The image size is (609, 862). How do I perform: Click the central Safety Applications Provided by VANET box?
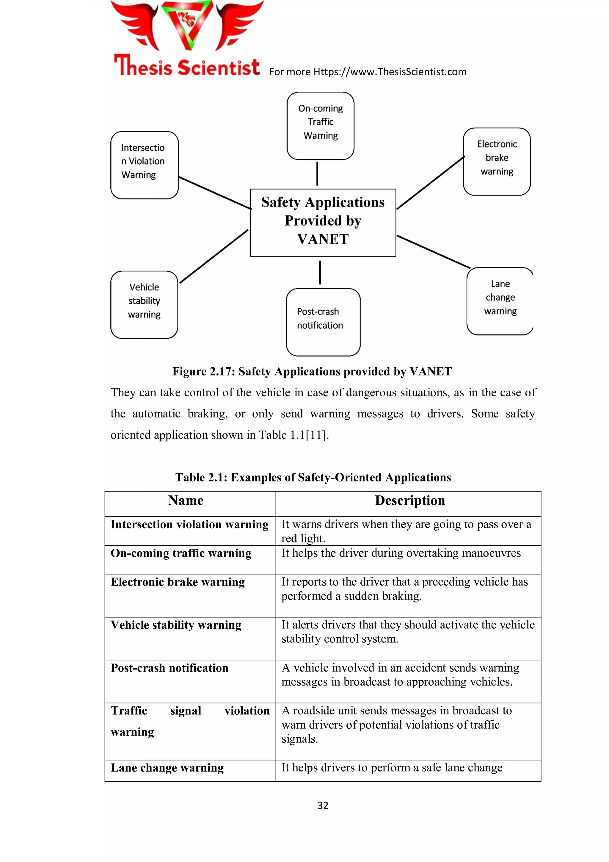tap(323, 222)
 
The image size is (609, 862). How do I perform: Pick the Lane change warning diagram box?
tap(500, 301)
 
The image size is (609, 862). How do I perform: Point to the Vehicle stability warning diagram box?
tap(144, 304)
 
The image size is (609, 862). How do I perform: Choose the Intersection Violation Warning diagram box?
tap(145, 165)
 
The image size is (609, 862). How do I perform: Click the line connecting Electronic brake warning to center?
tap(430, 182)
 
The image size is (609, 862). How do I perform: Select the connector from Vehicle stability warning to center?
tap(214, 256)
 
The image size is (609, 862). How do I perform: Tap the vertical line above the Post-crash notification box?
tap(320, 273)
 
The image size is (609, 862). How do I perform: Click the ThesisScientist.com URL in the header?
tap(390, 72)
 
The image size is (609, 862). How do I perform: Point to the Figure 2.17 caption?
tap(312, 371)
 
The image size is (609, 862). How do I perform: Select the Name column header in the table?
tap(186, 500)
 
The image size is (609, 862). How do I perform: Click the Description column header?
tap(409, 500)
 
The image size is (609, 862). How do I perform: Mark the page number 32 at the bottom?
tap(323, 805)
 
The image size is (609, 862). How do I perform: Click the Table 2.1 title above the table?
tap(313, 477)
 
